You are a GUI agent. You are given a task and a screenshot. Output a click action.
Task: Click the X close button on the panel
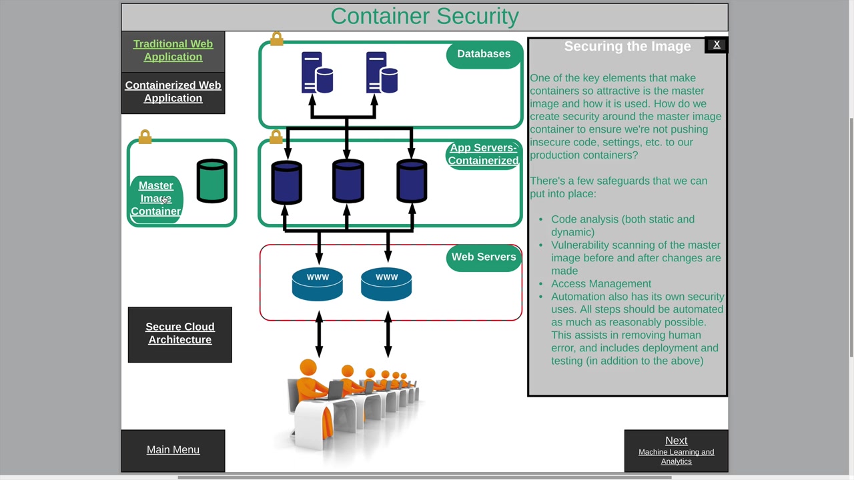(x=717, y=45)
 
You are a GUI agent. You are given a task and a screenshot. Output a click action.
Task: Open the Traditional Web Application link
(x=173, y=51)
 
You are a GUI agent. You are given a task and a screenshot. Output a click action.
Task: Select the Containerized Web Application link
(x=173, y=92)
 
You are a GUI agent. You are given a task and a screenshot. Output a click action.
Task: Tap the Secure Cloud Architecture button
(x=179, y=333)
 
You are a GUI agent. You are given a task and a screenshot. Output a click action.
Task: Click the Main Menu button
(x=173, y=450)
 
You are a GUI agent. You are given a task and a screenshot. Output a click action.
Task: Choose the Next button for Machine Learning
(x=676, y=450)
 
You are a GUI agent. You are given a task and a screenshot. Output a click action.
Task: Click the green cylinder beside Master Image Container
(x=212, y=180)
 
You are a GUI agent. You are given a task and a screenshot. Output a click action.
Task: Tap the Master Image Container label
(x=156, y=199)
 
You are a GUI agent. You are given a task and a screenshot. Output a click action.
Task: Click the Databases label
(x=484, y=54)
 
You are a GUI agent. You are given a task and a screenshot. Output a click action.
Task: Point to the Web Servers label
(x=484, y=257)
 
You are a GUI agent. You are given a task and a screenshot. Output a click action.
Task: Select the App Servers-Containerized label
(x=483, y=155)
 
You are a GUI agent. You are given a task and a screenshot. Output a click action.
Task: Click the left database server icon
(x=317, y=73)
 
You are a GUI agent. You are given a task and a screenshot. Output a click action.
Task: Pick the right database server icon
(x=382, y=73)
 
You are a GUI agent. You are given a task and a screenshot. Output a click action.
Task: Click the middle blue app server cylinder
(x=348, y=181)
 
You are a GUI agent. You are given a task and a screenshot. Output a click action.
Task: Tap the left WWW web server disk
(x=318, y=285)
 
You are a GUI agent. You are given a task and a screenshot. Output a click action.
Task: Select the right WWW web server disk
(x=386, y=285)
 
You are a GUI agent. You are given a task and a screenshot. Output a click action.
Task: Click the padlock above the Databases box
(x=277, y=39)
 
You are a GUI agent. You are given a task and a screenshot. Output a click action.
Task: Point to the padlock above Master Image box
(x=145, y=137)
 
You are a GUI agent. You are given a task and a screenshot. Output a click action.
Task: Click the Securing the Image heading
(x=627, y=47)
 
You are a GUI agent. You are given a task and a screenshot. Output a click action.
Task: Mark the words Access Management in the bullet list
(x=601, y=284)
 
